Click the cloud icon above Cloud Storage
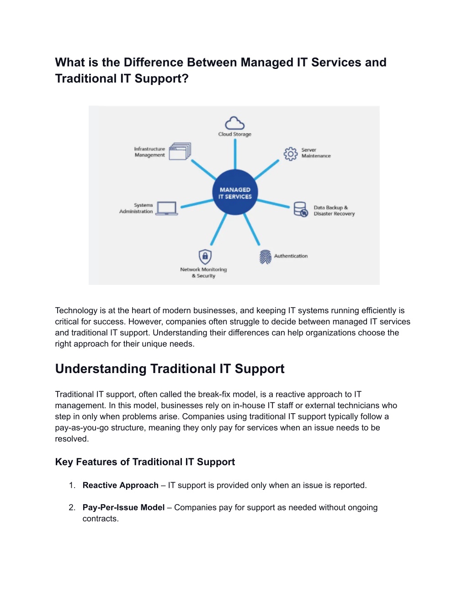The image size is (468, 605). pos(234,123)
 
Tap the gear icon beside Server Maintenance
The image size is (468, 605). pos(291,154)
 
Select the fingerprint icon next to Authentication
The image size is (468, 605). pos(265,257)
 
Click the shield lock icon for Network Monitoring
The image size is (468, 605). pos(205,257)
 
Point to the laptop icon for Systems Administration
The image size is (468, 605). pos(166,208)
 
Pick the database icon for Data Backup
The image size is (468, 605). pos(301,210)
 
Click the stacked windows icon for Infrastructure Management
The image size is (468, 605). pos(180,151)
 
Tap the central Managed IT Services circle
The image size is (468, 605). pos(235,192)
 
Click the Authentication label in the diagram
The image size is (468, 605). pos(291,256)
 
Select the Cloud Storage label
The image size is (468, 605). pos(234,134)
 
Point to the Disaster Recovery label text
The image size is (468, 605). pos(334,214)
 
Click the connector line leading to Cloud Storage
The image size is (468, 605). pos(235,154)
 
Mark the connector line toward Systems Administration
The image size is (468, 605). pos(197,204)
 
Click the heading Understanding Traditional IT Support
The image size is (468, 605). pos(170,368)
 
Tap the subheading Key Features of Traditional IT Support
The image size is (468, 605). pos(145,462)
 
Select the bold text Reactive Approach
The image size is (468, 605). pos(120,485)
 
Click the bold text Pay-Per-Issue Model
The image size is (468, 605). pos(123,507)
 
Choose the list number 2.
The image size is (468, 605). pos(72,507)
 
